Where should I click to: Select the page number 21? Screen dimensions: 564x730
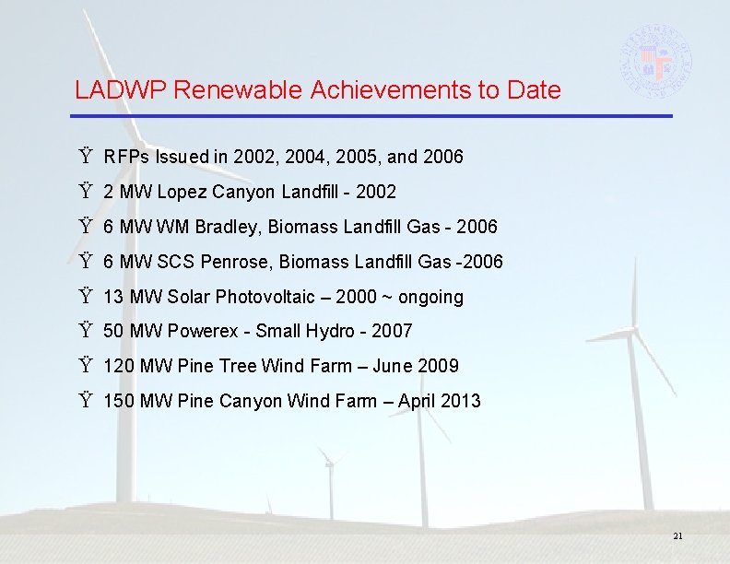pos(678,536)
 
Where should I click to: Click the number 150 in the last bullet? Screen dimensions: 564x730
pos(118,401)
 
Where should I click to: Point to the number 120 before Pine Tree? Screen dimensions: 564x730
pos(118,366)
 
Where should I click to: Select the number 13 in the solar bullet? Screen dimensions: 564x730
pos(113,297)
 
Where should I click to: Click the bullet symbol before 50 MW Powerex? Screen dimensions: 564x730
pos(86,331)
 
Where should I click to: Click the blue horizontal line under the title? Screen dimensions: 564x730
pos(372,116)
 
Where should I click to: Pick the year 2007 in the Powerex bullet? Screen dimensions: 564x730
pos(392,331)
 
